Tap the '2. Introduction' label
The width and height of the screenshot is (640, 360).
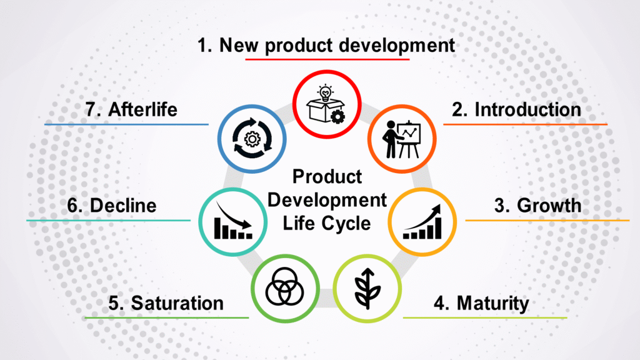click(517, 110)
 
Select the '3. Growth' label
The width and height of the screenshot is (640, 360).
click(537, 206)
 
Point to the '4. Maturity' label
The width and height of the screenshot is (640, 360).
click(482, 304)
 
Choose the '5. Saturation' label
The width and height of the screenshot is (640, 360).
click(166, 304)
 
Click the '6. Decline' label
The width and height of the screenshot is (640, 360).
click(111, 206)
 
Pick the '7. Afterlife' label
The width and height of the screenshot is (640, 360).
click(131, 110)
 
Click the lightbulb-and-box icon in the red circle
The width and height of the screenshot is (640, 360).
click(326, 104)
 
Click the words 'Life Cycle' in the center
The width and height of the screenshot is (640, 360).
click(326, 223)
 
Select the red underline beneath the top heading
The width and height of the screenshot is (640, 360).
click(327, 59)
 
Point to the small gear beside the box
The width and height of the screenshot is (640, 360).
click(337, 116)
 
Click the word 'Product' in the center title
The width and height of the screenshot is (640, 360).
click(327, 177)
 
